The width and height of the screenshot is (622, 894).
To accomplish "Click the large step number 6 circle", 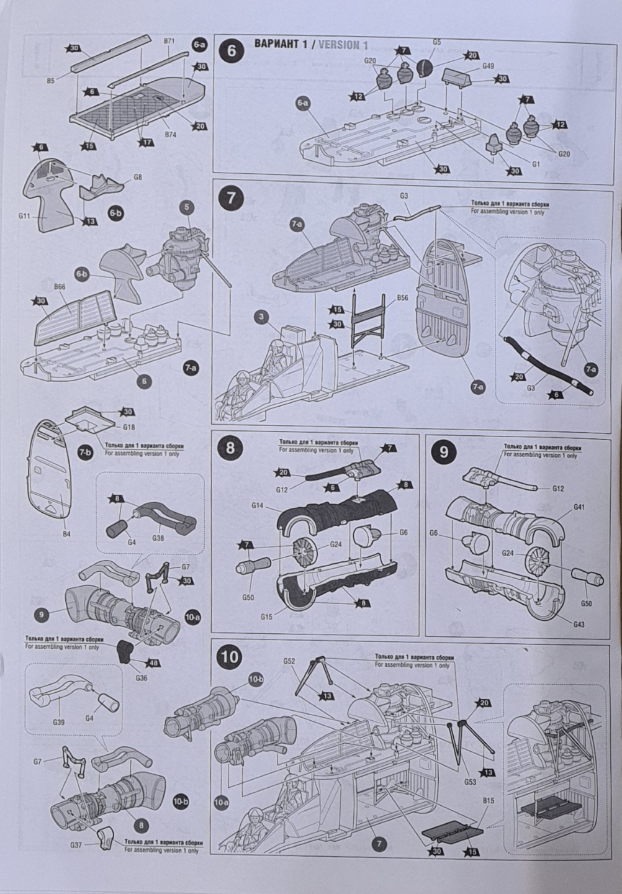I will point(231,50).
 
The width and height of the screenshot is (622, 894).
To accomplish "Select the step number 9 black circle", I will point(443,451).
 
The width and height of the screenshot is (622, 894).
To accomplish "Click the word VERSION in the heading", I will point(338,44).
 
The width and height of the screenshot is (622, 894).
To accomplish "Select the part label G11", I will point(25,217).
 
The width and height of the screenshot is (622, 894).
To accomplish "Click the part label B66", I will point(60,287).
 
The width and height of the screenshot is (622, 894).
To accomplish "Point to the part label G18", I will point(128,428).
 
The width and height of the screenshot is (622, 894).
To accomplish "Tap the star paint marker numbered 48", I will point(153,663).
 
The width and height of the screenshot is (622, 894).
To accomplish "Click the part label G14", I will point(258,507).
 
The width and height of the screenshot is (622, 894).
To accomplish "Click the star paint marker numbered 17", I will point(146,142).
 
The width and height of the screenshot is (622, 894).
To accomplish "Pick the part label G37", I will point(76,845).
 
